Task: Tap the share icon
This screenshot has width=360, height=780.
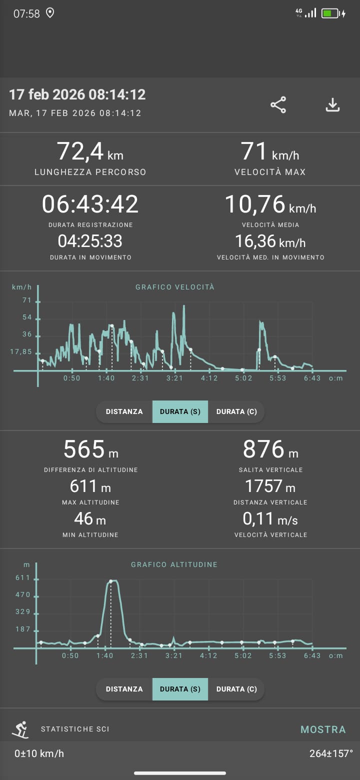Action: [x=278, y=104]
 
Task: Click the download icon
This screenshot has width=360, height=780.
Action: [x=332, y=104]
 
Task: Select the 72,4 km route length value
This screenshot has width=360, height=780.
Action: [x=90, y=150]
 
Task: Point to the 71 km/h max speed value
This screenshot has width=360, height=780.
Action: [x=270, y=150]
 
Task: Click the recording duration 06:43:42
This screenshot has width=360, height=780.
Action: [x=90, y=204]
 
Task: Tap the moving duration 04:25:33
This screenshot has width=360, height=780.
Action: [x=90, y=241]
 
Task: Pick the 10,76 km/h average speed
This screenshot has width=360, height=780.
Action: [x=270, y=204]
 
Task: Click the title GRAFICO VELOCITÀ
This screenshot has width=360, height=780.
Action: [x=175, y=287]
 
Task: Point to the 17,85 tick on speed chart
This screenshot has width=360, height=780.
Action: [x=20, y=351]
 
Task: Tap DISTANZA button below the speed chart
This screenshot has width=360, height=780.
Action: [x=124, y=411]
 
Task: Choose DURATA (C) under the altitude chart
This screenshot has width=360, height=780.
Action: [x=236, y=689]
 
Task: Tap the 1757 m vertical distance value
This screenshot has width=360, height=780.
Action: [x=270, y=485]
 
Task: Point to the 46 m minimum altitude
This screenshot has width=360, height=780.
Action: [x=90, y=518]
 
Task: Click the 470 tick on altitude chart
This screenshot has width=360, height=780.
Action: [x=23, y=594]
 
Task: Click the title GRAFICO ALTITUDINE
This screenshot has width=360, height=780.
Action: [x=174, y=564]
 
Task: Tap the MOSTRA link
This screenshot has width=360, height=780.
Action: [x=323, y=729]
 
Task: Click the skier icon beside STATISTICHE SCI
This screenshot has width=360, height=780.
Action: [x=20, y=729]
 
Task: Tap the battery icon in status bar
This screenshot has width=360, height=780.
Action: [x=330, y=13]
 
